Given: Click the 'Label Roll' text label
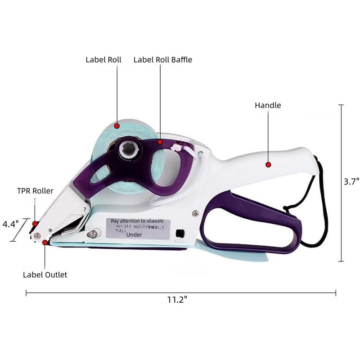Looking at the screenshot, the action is click(103, 59).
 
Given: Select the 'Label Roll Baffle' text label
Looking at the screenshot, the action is click(162, 59).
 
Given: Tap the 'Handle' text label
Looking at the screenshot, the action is click(268, 105).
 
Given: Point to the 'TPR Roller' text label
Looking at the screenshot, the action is click(35, 191).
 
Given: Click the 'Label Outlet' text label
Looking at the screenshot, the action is click(45, 274).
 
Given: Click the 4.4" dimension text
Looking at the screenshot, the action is click(11, 223).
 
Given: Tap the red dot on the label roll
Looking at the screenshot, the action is click(117, 126).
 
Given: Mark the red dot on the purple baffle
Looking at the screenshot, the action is click(160, 141).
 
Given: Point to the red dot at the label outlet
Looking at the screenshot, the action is click(45, 243).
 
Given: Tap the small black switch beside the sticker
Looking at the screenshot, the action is click(180, 234).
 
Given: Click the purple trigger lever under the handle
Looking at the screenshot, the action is click(252, 216).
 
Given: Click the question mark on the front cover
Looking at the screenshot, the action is click(84, 209).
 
